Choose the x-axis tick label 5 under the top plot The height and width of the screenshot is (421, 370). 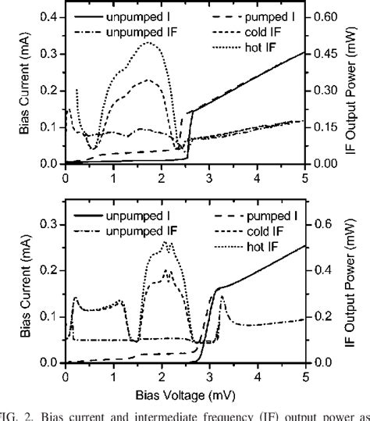[x=304, y=178]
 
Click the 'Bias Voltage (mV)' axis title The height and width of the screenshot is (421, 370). [x=184, y=394]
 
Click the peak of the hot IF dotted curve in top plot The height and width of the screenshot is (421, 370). [x=146, y=43]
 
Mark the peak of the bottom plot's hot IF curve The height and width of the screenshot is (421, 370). [x=165, y=242]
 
